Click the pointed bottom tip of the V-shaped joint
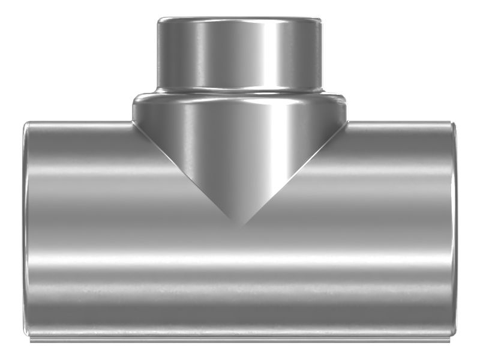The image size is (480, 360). (241, 226)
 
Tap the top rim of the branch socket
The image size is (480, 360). (240, 19)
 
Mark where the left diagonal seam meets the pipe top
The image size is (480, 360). (133, 122)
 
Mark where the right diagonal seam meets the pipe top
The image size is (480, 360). (347, 122)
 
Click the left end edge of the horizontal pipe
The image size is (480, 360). (25, 228)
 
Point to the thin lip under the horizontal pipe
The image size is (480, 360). (240, 341)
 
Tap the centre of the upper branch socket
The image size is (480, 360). (240, 54)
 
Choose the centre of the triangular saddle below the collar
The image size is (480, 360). (240, 150)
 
